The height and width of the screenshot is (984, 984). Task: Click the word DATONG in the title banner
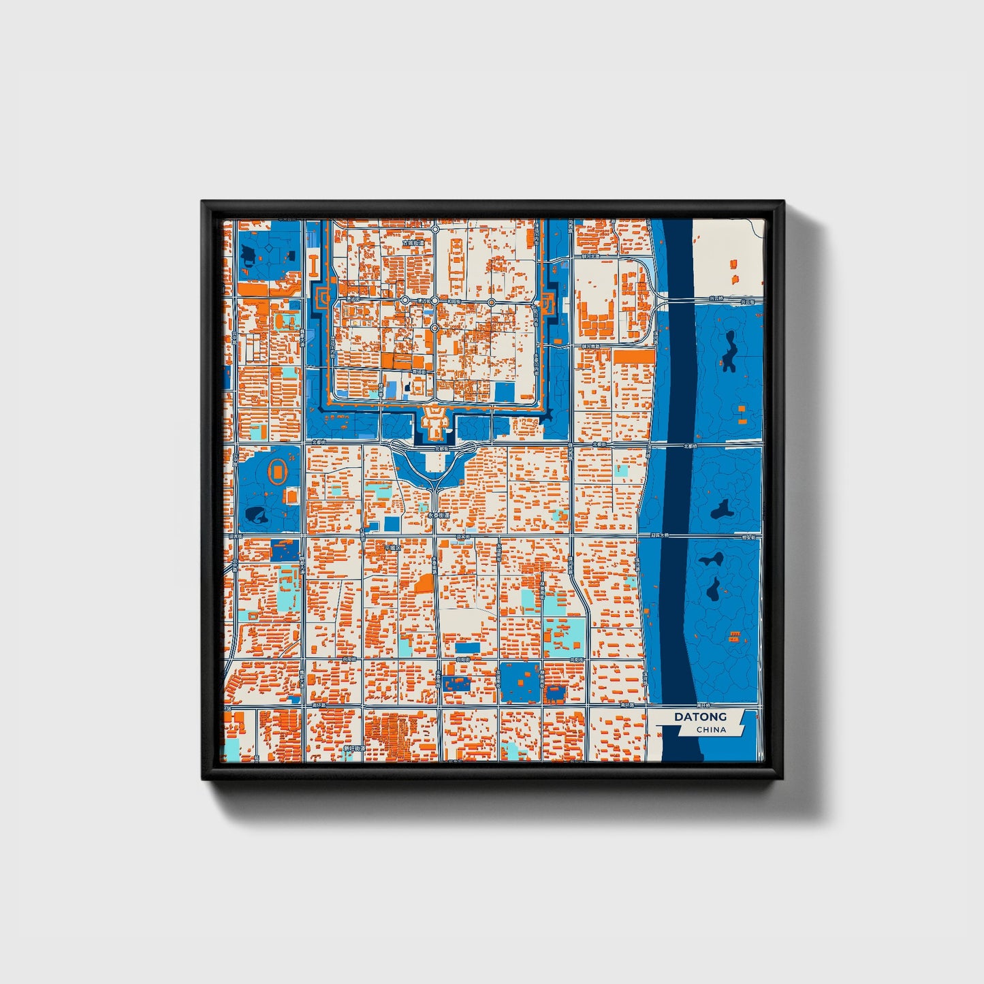pos(700,716)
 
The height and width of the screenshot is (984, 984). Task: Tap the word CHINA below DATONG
pos(711,729)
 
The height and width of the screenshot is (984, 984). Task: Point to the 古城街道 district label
pos(413,242)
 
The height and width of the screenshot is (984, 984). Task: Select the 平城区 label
pos(393,547)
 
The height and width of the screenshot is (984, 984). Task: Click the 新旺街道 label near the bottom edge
pos(354,748)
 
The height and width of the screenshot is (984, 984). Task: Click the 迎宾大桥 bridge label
pos(658,535)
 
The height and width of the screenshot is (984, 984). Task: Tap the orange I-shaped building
pos(313,265)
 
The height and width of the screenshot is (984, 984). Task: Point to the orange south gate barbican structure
pos(434,422)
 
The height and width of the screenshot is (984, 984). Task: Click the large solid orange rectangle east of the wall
pos(633,356)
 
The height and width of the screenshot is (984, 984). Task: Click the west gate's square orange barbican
pos(323,298)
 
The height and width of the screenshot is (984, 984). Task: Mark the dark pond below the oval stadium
pos(257,515)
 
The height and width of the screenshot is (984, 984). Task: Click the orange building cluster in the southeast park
pos(734,637)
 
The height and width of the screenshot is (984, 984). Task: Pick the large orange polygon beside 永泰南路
pos(424,583)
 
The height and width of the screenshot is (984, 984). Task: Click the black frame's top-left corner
pos(203,202)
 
